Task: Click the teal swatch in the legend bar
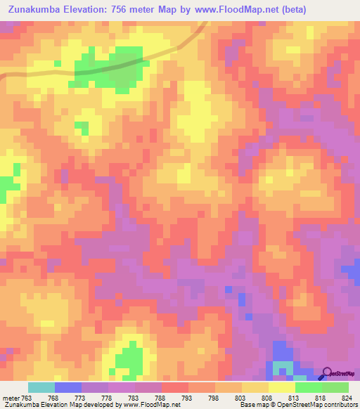tap(41, 387)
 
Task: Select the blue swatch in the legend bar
tap(68, 387)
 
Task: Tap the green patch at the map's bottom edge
tap(129, 361)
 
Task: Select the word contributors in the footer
tap(340, 405)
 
